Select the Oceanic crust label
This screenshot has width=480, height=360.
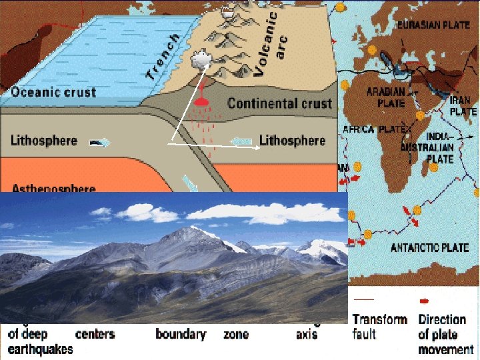coord(53,93)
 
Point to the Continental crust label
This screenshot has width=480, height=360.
coord(279,103)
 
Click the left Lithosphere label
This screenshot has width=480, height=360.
coord(44,141)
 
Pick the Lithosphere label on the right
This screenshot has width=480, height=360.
coord(292,141)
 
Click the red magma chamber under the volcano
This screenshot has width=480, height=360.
coord(201,103)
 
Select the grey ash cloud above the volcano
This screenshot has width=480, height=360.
coord(201,61)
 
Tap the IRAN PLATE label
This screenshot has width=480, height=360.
coord(463,106)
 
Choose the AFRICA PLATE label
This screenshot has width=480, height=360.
coord(371,129)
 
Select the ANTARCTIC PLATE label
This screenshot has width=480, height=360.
coord(429,248)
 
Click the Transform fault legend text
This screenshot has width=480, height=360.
coord(379,326)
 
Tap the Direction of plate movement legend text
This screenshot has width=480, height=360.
coord(445,334)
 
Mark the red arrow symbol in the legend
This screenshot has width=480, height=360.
coord(425,301)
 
